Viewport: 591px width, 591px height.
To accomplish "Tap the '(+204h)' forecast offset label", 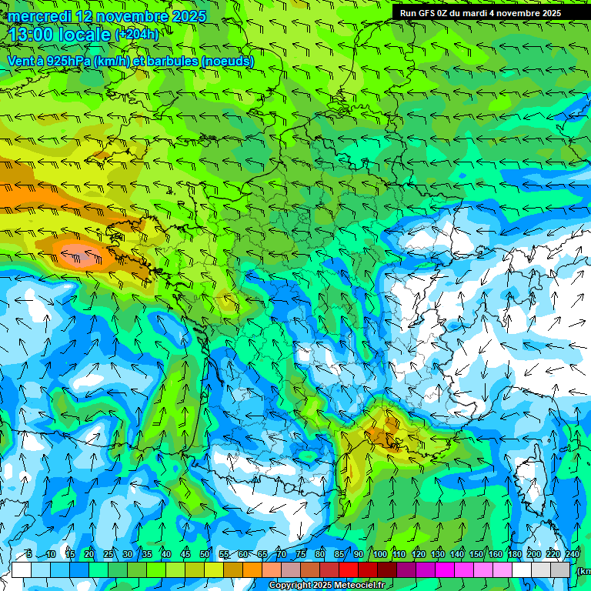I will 137,35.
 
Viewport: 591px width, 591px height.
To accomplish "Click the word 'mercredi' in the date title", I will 39,16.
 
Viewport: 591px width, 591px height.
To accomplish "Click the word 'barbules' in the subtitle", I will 169,61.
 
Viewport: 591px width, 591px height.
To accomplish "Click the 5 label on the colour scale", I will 28,555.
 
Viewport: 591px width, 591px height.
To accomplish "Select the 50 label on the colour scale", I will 205,555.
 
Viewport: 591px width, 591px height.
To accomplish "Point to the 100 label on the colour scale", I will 380,555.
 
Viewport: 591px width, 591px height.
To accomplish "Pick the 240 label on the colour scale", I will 573,555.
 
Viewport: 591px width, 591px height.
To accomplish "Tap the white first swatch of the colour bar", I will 22,569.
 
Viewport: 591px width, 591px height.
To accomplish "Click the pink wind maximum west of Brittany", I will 82,254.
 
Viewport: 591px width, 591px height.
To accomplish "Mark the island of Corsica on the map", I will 529,477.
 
